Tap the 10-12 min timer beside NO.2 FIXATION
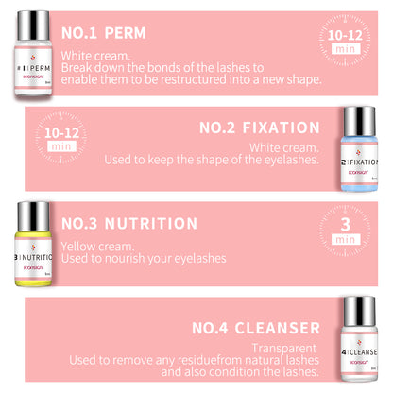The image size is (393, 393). click(61, 138)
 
